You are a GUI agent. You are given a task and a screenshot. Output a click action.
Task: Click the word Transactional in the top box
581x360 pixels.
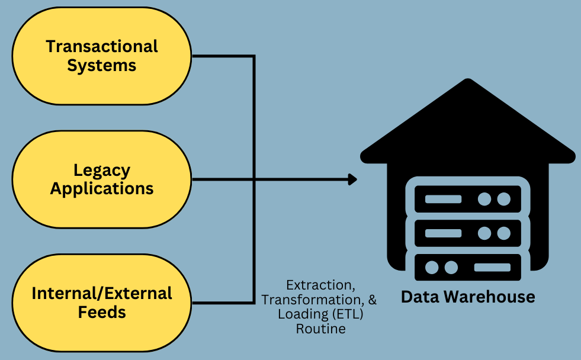coord(102,46)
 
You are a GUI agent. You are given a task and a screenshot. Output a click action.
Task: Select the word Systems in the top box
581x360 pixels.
coord(102,65)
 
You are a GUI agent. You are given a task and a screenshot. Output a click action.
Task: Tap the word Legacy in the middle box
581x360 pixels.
coord(102,171)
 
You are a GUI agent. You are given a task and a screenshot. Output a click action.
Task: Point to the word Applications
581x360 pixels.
coord(102,188)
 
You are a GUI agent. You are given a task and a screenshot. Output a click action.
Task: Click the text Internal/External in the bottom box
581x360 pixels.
coord(102,293)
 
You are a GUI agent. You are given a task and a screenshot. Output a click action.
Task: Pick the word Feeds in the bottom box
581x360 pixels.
coord(102,311)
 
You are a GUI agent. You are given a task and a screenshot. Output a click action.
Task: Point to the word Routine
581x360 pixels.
coord(320,329)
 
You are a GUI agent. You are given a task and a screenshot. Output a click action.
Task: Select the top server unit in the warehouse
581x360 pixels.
coord(468,199)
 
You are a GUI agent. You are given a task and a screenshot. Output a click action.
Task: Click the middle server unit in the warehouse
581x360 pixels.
coord(468,233)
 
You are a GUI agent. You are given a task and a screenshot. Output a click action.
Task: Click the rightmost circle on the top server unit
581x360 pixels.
coord(503,199)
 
